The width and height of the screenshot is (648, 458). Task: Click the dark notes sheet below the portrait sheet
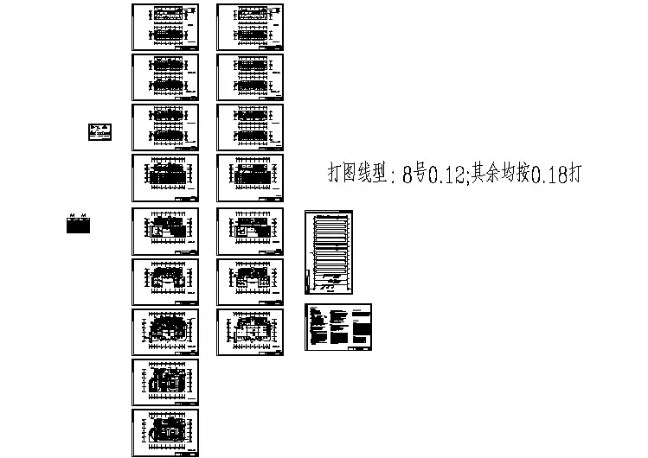337,327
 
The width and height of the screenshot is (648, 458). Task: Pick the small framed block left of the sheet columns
101,131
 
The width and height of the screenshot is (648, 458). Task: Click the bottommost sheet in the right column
250,332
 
